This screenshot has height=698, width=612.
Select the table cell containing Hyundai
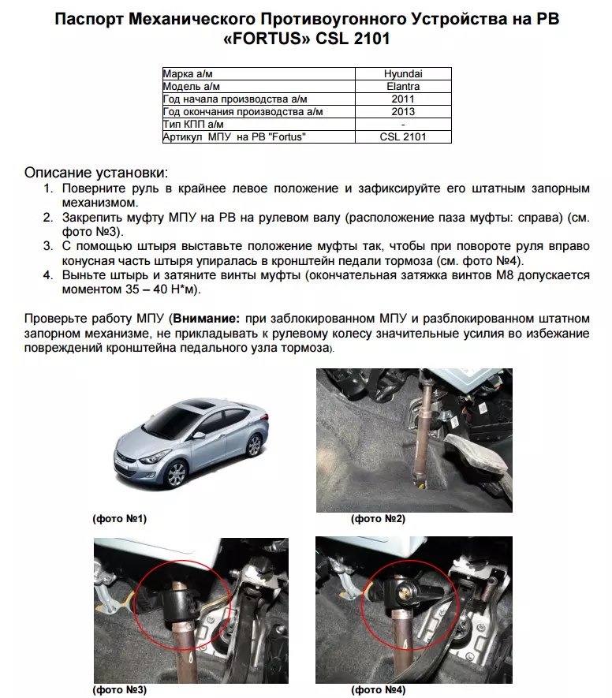point(403,74)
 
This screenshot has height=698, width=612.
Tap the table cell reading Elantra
point(403,87)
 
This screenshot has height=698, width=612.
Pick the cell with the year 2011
point(403,99)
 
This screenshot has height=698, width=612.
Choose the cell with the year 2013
point(403,112)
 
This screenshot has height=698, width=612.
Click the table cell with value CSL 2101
point(403,137)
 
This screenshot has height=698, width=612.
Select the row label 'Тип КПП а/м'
point(193,125)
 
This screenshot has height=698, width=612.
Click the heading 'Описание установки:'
point(96,173)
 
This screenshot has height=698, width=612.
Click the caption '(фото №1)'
point(120,519)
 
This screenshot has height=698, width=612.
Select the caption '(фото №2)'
point(378,519)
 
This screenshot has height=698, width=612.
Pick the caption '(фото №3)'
point(120,690)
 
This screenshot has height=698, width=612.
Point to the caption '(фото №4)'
point(378,690)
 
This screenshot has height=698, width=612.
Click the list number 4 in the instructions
point(47,275)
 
